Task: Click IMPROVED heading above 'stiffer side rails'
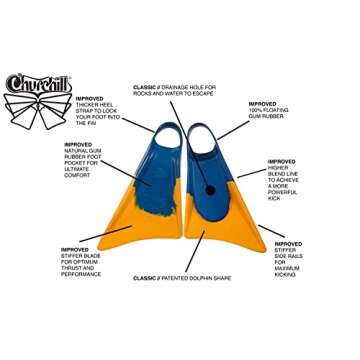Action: tap(288, 243)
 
